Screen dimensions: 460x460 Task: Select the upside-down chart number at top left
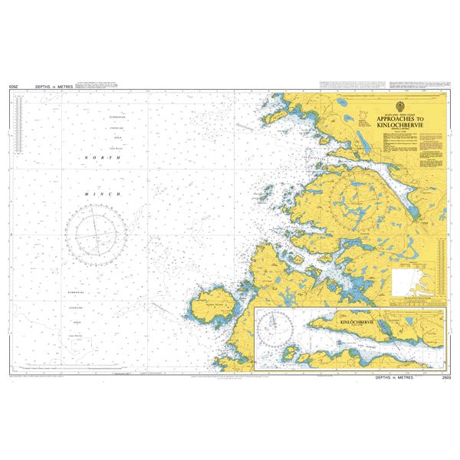click(x=13, y=88)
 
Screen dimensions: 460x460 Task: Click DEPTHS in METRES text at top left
click(x=54, y=88)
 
